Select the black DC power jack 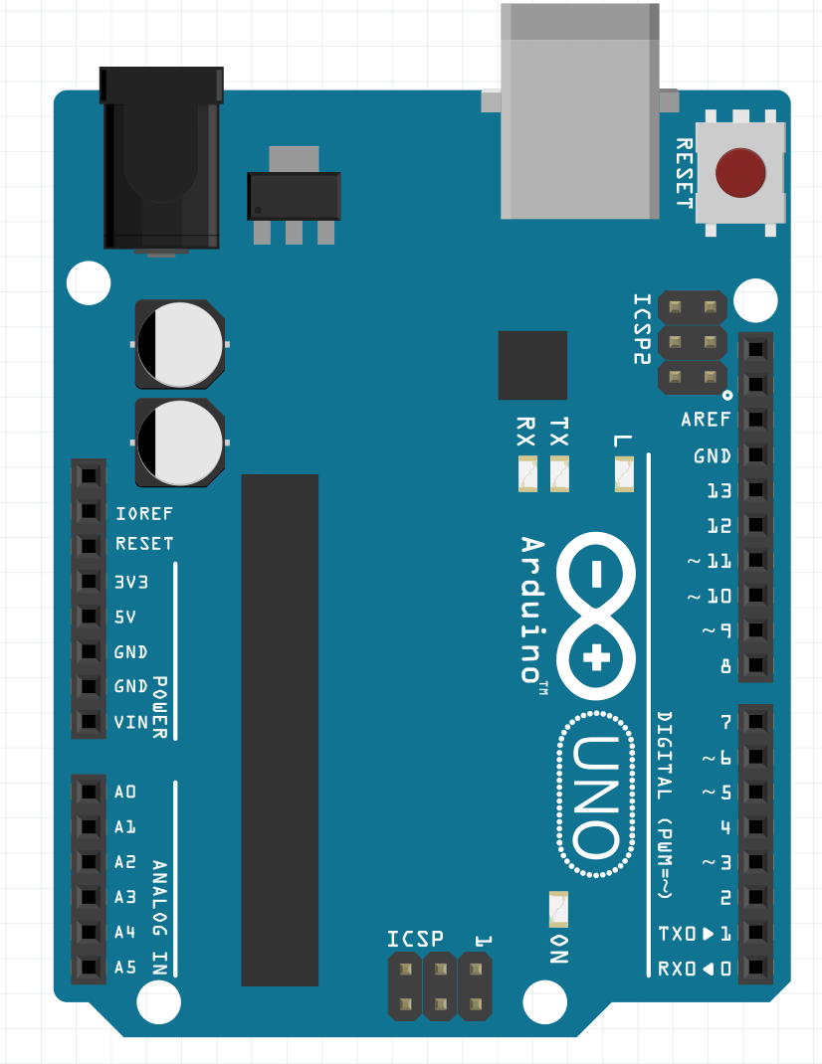[161, 159]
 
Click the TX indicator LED [560, 473]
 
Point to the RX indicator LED [526, 473]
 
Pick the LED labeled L [624, 473]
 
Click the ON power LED [558, 909]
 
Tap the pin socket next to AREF [756, 420]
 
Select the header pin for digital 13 [756, 490]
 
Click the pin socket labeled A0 [89, 792]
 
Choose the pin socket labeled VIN [89, 722]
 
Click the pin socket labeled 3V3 [89, 582]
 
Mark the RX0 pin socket [756, 968]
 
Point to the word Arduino [533, 609]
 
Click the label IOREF [144, 514]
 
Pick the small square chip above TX [532, 365]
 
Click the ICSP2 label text [644, 328]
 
